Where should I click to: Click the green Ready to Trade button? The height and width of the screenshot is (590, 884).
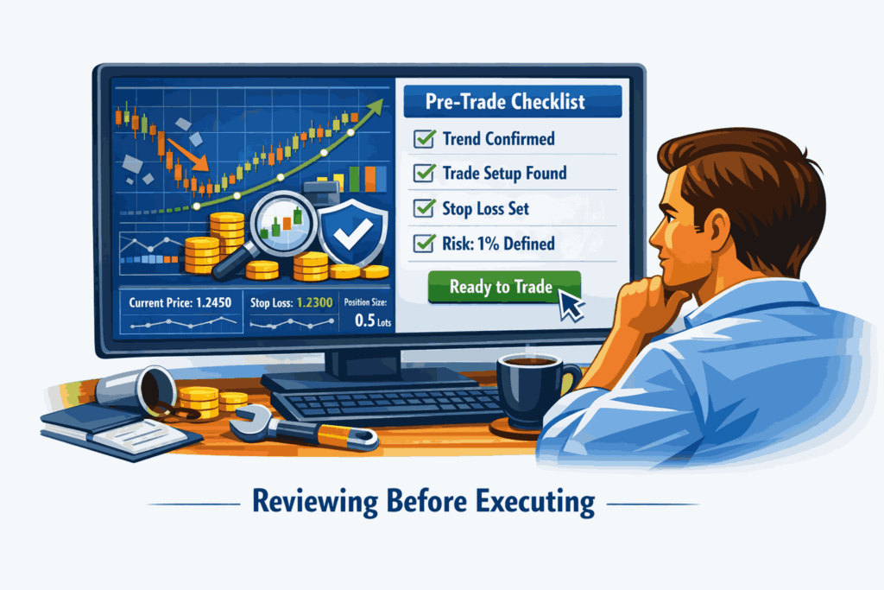coord(504,287)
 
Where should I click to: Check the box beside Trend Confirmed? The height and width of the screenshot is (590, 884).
coord(424,138)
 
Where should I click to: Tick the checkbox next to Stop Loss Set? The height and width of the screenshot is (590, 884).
coord(424,208)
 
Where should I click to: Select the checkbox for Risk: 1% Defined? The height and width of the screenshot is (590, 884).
coord(424,243)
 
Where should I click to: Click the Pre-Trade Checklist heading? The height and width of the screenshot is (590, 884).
coord(505,102)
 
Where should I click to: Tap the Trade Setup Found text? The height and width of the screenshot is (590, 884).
coord(504,173)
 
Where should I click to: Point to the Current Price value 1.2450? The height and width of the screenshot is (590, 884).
coord(214,303)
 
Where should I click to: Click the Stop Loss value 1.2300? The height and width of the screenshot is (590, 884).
coord(314,303)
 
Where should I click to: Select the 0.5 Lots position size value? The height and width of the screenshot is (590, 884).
coord(373,320)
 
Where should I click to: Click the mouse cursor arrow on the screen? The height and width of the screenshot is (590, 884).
coord(571,303)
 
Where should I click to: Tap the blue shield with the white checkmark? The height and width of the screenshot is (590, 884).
coord(353,232)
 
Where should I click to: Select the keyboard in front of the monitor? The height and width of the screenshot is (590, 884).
coord(389,404)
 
